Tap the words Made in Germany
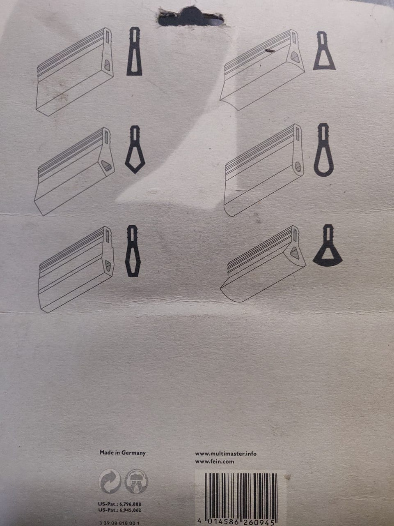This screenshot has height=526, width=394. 122,453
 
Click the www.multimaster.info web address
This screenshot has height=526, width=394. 226,454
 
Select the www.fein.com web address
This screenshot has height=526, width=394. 214,461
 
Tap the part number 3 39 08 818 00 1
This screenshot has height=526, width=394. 119,523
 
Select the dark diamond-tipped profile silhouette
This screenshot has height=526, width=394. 135,149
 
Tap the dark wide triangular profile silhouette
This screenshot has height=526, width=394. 324,51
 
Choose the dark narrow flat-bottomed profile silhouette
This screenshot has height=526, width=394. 134,51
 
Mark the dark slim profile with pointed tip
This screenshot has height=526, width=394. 133,251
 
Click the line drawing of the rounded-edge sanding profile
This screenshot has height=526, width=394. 264,170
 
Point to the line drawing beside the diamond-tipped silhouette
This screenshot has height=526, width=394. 74,171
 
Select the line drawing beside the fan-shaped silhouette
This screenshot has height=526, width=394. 263,263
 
